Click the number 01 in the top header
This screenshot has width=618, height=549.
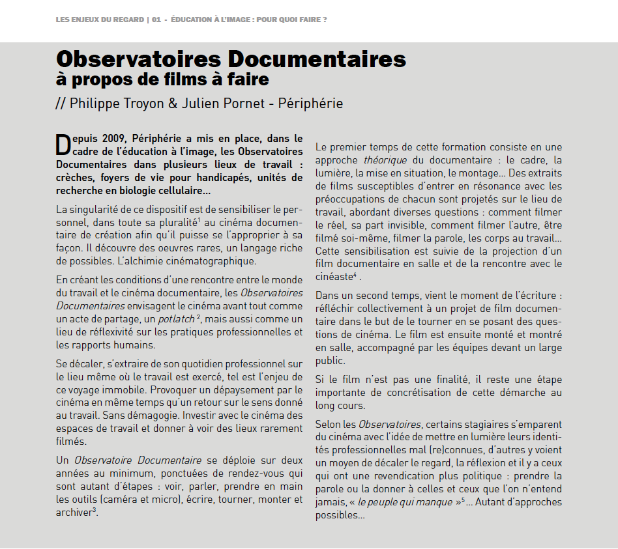pyautogui.click(x=156, y=20)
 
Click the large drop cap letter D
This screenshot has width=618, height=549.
pyautogui.click(x=63, y=144)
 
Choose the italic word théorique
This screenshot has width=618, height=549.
pyautogui.click(x=385, y=160)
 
